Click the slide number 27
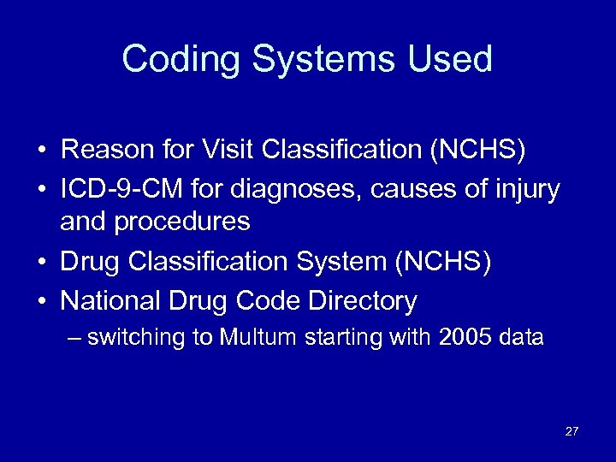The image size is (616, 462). pos(572,431)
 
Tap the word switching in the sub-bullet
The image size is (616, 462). pos(137,337)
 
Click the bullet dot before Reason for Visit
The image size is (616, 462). pos(41,151)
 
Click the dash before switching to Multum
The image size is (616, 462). pos(74,338)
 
